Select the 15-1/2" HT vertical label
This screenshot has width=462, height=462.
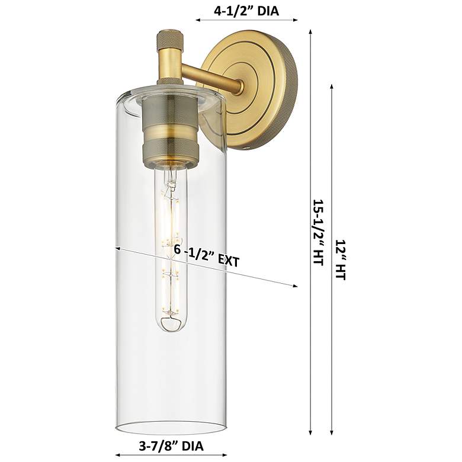pyautogui.click(x=319, y=232)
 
